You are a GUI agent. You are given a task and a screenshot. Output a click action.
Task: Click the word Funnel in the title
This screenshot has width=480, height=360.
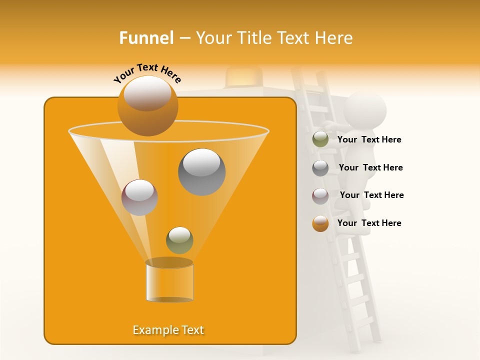point(146,38)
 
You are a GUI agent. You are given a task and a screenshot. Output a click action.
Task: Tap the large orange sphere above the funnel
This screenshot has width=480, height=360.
point(147,105)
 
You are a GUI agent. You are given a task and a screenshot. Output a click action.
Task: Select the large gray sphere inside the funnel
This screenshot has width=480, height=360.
point(201,172)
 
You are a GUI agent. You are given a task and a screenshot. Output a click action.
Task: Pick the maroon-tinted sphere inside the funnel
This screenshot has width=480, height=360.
point(139,197)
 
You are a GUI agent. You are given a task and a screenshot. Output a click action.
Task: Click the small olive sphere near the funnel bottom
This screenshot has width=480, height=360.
point(179,240)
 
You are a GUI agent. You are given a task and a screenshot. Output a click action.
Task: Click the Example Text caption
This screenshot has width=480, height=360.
point(168,330)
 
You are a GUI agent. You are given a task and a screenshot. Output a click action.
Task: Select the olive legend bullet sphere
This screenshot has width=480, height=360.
point(320,139)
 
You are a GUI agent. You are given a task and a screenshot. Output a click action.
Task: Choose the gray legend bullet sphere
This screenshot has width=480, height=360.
point(320,168)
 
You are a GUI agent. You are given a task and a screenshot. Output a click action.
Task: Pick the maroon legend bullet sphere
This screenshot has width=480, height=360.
point(320,196)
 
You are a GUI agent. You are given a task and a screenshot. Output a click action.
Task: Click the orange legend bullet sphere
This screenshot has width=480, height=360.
point(320,223)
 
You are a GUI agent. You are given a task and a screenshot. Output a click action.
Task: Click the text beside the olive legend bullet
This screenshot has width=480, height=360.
point(369,140)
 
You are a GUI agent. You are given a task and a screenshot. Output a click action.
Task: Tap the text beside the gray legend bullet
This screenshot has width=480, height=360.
point(370,167)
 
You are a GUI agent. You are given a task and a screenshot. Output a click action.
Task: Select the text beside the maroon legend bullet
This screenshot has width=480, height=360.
point(371,195)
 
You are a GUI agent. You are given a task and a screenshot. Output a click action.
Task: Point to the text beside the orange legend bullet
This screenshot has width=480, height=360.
point(369,223)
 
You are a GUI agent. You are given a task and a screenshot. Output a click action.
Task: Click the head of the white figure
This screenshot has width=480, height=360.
point(365,110)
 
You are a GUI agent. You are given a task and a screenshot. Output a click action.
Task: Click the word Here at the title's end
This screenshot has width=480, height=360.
point(335,38)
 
